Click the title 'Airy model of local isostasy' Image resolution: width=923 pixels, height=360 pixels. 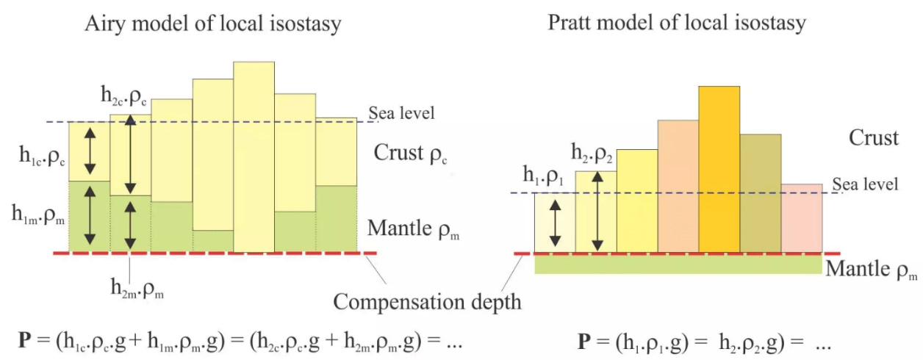(x=213, y=24)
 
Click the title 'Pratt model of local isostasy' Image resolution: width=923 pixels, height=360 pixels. (x=676, y=22)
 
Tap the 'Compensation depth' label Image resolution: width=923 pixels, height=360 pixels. (x=427, y=301)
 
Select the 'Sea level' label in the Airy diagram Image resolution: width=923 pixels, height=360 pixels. (x=401, y=112)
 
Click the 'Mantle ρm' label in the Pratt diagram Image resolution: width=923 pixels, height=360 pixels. (x=872, y=269)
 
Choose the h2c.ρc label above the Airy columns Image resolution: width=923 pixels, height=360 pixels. (x=126, y=96)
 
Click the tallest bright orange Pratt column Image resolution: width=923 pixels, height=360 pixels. (x=719, y=169)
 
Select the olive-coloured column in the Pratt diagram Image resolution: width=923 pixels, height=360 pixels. (x=760, y=192)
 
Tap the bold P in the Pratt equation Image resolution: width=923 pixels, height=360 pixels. (x=583, y=341)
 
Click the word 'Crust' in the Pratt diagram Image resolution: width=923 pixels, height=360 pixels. (x=873, y=137)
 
